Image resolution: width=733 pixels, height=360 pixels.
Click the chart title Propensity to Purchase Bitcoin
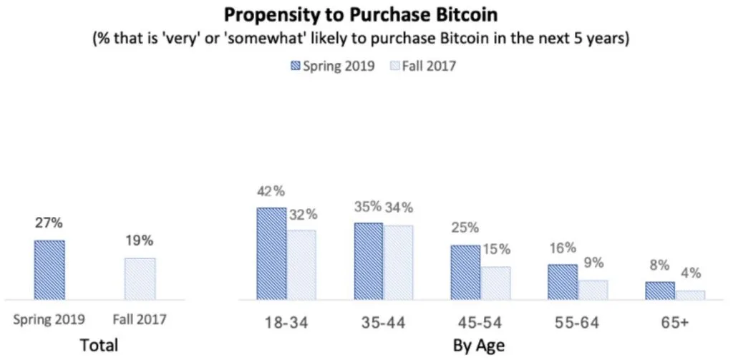(361, 14)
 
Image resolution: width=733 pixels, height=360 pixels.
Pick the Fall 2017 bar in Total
(140, 278)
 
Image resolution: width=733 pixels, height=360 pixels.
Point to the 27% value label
(49, 223)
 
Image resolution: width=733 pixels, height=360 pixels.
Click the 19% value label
(140, 241)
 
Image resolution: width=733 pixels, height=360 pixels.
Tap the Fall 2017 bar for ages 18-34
(301, 264)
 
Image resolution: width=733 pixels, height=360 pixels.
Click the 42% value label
(271, 192)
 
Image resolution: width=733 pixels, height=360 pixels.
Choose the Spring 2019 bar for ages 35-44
(368, 261)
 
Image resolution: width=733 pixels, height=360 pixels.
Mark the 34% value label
(398, 208)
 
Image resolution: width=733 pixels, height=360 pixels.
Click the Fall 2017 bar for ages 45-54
(495, 283)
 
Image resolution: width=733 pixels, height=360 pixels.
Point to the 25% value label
(465, 228)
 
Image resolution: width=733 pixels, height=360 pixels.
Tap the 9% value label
(593, 263)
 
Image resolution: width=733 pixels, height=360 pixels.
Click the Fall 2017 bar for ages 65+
(690, 294)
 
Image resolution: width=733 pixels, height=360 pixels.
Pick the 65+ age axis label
(675, 323)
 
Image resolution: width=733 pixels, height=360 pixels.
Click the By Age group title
(479, 346)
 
